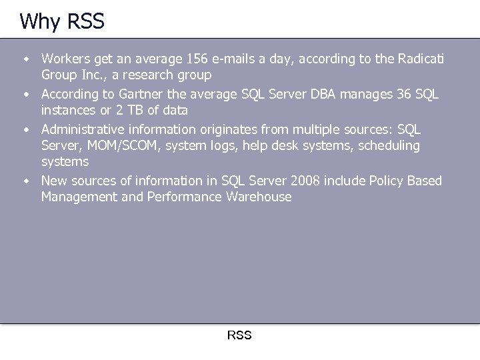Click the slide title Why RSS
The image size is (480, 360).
pos(62,21)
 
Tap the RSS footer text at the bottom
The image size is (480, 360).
pos(239,335)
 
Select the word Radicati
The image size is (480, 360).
pos(418,60)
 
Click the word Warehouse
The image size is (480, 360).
pos(259,197)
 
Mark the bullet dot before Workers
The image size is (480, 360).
pos(26,60)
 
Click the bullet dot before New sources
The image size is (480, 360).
pos(26,181)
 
